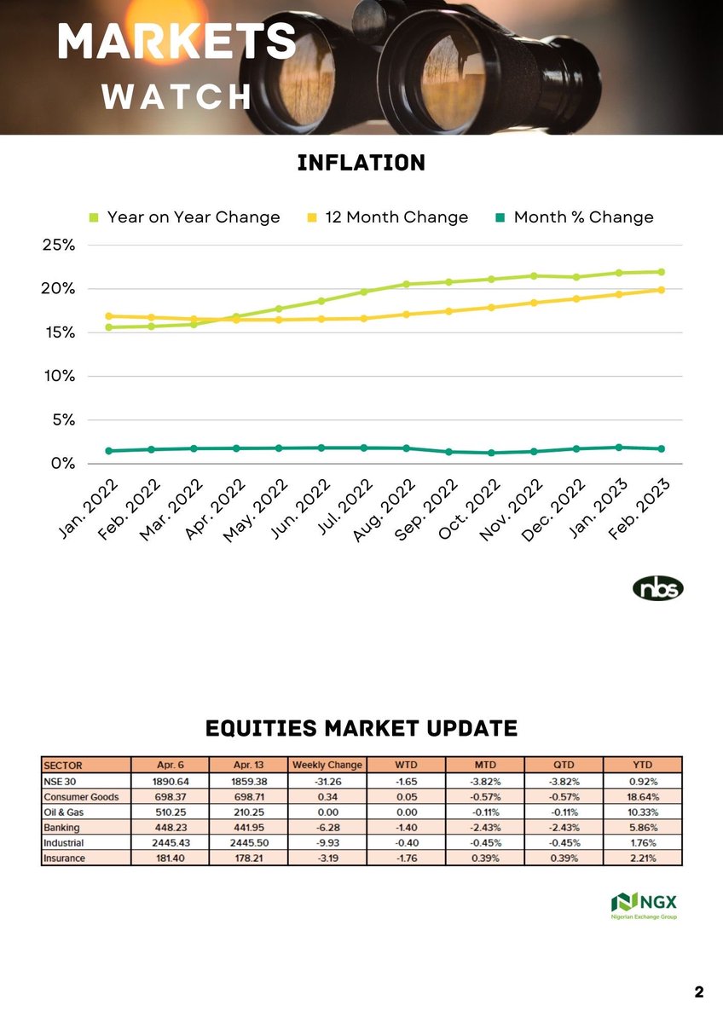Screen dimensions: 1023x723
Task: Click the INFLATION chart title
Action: click(x=361, y=163)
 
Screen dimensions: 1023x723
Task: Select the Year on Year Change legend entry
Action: click(x=193, y=217)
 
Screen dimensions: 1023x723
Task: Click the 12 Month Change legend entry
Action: click(x=396, y=217)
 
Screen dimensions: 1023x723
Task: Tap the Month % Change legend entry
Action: click(x=582, y=217)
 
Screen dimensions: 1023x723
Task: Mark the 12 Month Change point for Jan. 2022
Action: click(x=108, y=316)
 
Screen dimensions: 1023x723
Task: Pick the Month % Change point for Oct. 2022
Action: click(x=492, y=453)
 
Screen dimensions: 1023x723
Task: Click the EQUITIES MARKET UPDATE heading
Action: click(x=361, y=729)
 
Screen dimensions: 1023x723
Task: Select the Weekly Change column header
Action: click(x=327, y=765)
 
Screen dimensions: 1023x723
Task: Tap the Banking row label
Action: click(x=61, y=827)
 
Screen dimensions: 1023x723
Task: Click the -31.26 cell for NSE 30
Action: click(x=327, y=780)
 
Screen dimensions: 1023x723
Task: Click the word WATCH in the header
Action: click(x=176, y=97)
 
